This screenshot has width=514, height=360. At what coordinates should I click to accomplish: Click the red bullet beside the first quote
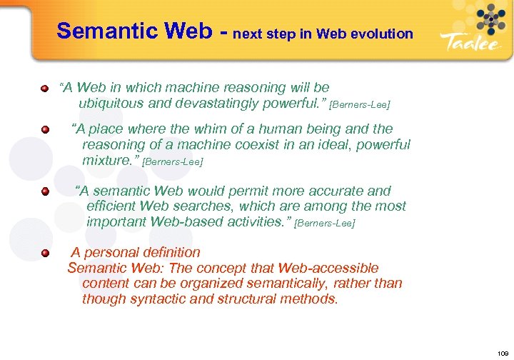click(x=44, y=89)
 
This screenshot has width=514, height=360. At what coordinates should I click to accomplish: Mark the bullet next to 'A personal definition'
click(x=44, y=254)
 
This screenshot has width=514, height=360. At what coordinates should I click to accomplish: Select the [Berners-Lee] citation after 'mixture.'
click(x=173, y=162)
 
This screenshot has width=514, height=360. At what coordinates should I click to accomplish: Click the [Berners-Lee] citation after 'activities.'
click(x=324, y=224)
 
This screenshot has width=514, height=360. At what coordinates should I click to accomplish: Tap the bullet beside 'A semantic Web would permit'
click(x=44, y=192)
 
